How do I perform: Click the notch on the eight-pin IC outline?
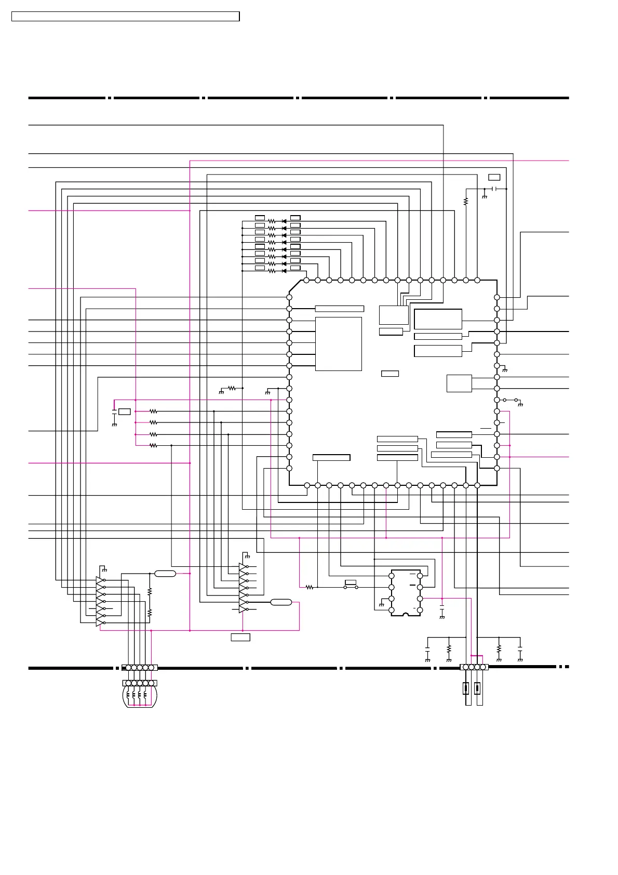(x=406, y=615)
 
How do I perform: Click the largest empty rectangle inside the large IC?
(x=338, y=343)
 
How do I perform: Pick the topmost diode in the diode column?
(x=284, y=221)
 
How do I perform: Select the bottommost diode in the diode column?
(x=284, y=271)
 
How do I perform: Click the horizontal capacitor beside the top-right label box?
(x=495, y=189)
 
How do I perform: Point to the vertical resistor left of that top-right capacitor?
(x=466, y=201)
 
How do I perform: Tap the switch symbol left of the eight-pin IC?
(x=351, y=587)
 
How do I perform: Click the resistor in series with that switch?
(x=310, y=587)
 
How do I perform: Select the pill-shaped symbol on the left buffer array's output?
(x=165, y=574)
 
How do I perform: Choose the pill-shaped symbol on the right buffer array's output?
(x=281, y=602)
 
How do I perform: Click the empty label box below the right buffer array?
(x=240, y=637)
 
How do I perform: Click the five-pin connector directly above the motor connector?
(x=139, y=668)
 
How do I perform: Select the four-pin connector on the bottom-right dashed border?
(x=474, y=667)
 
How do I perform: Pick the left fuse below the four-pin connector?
(x=466, y=689)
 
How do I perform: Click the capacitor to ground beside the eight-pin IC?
(x=442, y=607)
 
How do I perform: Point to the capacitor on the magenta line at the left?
(x=114, y=412)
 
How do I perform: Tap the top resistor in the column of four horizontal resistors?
(x=153, y=412)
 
